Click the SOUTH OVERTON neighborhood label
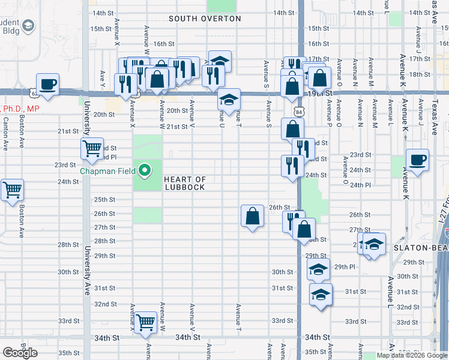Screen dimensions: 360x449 click(205, 19)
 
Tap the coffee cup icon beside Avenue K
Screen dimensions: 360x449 click(417, 160)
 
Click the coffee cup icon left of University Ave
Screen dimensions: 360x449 click(47, 85)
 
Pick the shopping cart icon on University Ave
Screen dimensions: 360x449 click(92, 148)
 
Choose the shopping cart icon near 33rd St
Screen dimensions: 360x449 click(145, 323)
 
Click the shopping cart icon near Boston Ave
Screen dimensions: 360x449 click(12, 190)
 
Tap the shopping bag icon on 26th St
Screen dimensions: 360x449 click(252, 216)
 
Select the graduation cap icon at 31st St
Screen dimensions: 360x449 click(321, 295)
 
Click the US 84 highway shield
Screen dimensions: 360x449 click(299, 112)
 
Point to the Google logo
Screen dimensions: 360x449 click(20, 353)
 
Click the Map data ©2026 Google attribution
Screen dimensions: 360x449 click(411, 356)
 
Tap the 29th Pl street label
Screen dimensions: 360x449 click(345, 266)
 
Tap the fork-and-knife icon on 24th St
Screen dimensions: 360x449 click(292, 166)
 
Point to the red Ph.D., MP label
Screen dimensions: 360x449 click(20, 109)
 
